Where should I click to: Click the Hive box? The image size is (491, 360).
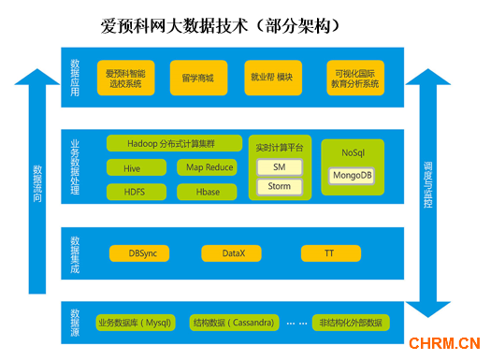point(132,168)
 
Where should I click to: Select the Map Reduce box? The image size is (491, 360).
point(209,168)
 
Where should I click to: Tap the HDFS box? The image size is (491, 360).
point(132,191)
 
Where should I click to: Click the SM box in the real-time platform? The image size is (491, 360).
point(280,166)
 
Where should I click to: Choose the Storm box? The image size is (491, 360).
point(280,186)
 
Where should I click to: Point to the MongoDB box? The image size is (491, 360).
point(353,175)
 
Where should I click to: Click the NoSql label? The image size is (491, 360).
point(353,151)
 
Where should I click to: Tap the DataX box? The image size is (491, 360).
point(232,253)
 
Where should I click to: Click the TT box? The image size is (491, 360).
point(329,253)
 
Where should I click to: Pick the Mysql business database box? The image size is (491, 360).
point(134,323)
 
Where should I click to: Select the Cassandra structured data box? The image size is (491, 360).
point(234,323)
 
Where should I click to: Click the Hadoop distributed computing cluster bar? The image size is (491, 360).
point(172,144)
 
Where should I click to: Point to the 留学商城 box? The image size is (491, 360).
point(197,78)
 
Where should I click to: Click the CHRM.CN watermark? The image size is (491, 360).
point(444,343)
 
